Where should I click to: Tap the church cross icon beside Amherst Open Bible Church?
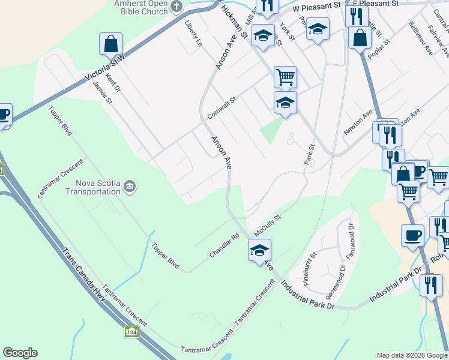coord(176,7)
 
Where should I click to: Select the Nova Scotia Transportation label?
coord(98,187)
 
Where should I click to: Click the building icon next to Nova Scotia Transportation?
coord(129,188)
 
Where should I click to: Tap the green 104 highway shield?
coord(132,331)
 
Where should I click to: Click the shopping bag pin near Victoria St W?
coord(110,44)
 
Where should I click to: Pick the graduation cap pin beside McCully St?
coord(259,251)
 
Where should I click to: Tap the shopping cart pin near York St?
coord(285,77)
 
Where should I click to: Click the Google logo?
coord(20,353)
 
